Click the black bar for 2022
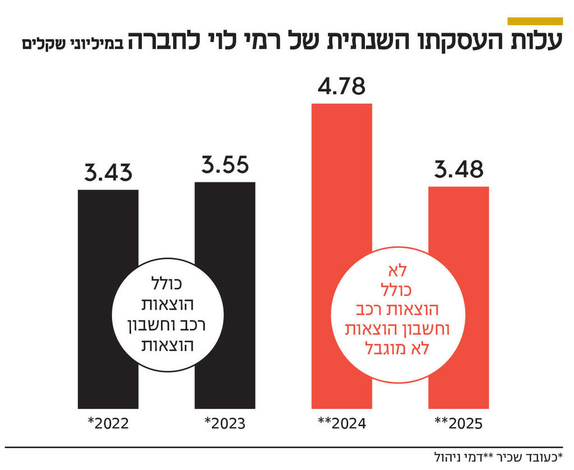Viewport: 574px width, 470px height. (108, 224)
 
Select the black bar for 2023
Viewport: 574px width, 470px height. (225, 219)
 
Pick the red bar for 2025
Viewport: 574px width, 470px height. (459, 219)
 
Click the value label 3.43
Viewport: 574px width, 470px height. (108, 172)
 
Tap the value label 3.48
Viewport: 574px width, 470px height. (459, 169)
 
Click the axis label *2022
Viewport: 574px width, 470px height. (108, 423)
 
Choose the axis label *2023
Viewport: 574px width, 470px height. (225, 423)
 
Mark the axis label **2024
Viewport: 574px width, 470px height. (341, 423)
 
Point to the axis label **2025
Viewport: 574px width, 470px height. (459, 423)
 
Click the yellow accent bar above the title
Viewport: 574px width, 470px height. (534, 21)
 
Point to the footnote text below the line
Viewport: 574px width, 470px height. (498, 455)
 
